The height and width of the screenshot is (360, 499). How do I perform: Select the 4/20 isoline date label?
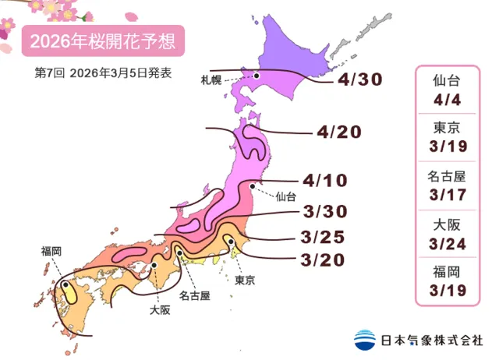coord(340,132)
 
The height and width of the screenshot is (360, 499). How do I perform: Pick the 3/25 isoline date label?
coord(322,237)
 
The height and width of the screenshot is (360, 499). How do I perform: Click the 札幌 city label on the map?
coord(234,79)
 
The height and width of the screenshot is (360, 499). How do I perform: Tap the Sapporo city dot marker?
coord(257,76)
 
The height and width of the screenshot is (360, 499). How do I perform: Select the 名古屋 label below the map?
coord(194,296)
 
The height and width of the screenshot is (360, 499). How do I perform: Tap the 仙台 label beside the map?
coord(285,197)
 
